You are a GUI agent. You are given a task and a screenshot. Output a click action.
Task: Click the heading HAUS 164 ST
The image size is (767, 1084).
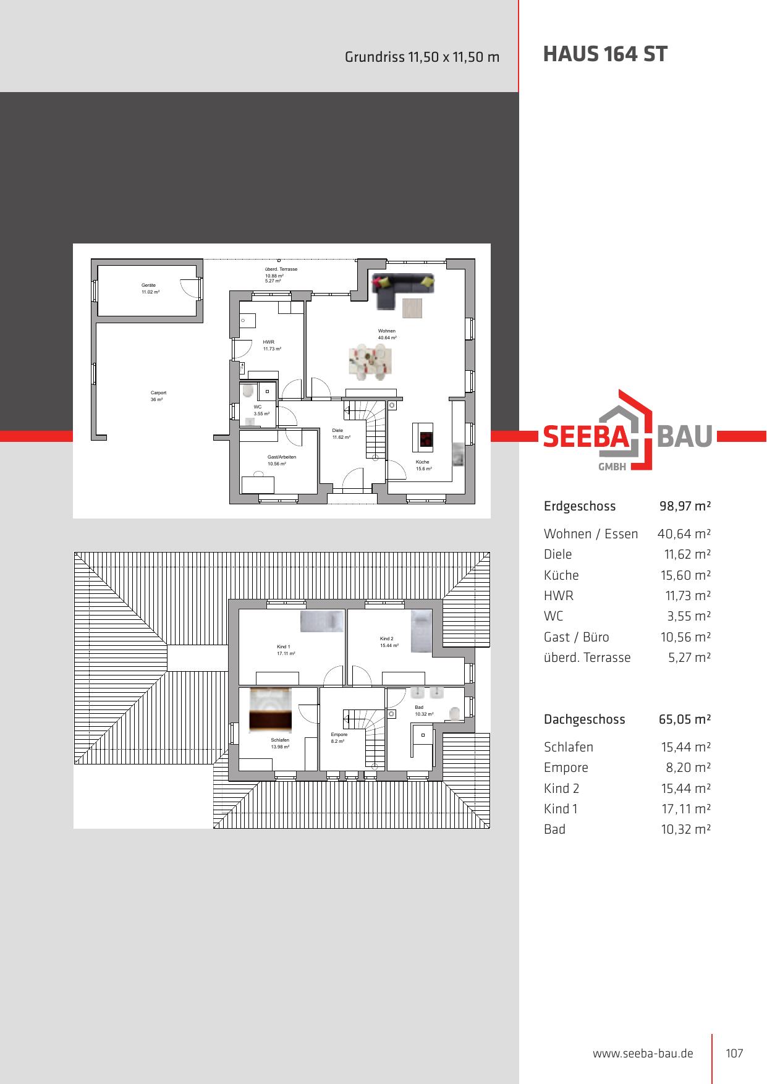click(605, 54)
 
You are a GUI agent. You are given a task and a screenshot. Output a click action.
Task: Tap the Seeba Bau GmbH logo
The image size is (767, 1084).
click(628, 430)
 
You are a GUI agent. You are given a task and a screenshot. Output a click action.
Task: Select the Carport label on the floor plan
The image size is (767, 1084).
click(158, 392)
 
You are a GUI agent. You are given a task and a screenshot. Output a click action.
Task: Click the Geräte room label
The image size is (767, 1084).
click(148, 285)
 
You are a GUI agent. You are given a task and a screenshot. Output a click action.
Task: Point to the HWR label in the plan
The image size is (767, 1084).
click(268, 342)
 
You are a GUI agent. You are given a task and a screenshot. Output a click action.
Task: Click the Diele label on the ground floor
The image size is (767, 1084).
click(337, 430)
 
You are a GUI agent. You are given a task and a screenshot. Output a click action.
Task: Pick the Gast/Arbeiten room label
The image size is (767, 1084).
click(282, 457)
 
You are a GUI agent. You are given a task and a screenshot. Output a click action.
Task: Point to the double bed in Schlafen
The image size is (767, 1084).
click(270, 710)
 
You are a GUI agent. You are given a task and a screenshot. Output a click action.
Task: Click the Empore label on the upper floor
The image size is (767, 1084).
click(339, 734)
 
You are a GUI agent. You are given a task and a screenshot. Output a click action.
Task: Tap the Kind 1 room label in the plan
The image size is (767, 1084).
click(283, 646)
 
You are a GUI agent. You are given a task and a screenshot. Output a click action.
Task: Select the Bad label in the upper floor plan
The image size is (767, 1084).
click(419, 707)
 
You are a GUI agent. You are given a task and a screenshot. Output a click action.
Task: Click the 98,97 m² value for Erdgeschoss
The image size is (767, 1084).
click(685, 506)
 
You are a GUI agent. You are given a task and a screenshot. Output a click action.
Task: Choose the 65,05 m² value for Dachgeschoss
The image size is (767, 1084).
click(685, 719)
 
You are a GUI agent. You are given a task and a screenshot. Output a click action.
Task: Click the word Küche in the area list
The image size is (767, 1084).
click(561, 575)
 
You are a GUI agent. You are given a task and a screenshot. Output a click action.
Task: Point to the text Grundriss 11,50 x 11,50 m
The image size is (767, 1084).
click(422, 57)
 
